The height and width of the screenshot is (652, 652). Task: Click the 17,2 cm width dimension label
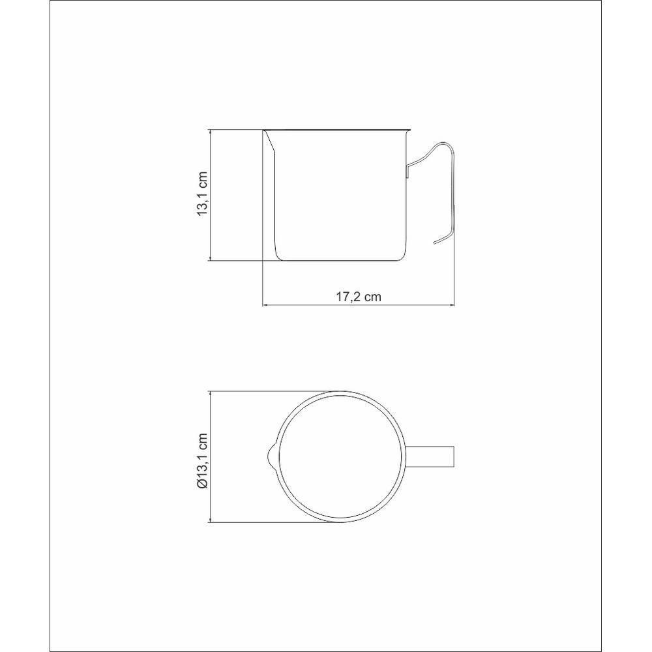coord(359,297)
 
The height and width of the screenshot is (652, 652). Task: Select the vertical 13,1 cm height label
coord(202,194)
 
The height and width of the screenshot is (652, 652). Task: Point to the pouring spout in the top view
coord(271,457)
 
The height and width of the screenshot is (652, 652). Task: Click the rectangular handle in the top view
coord(431,457)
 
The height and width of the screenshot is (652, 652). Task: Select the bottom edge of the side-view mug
coord(340,261)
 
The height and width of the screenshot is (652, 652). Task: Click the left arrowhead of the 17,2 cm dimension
coord(265,306)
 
